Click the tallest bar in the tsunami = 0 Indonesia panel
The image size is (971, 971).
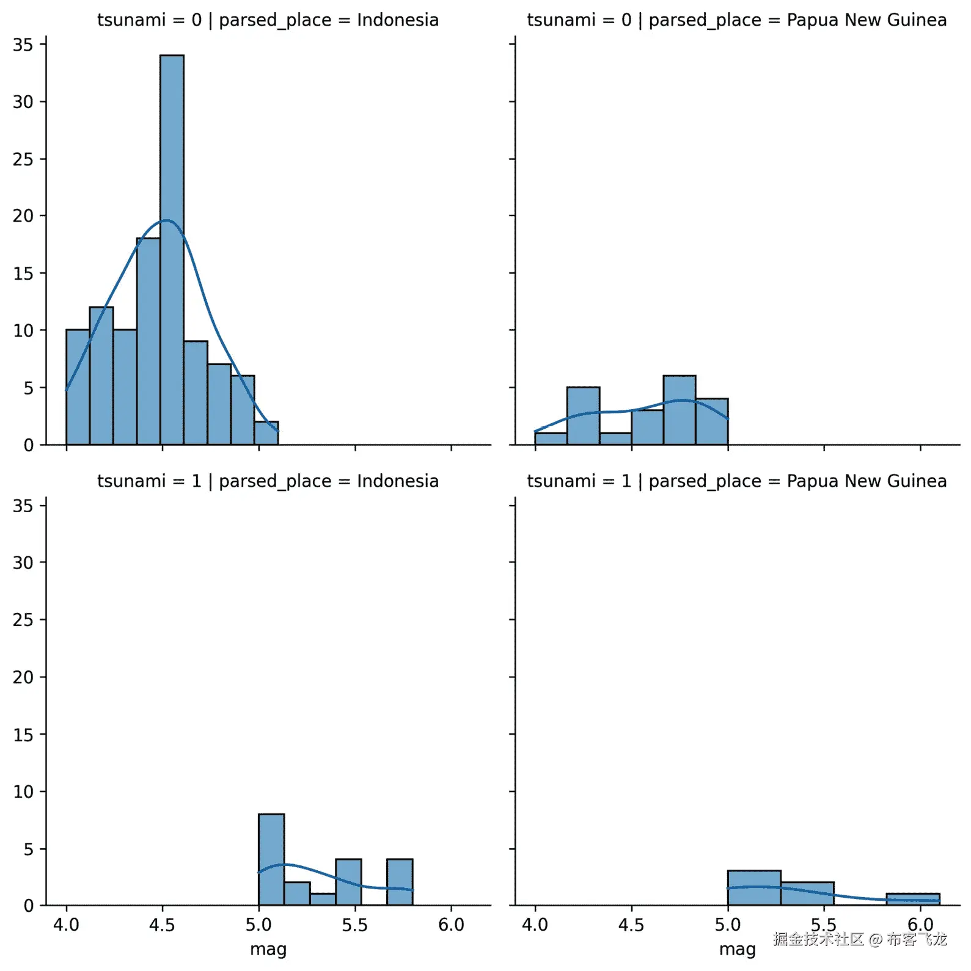(x=172, y=250)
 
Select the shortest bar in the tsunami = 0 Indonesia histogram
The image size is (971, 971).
(x=266, y=433)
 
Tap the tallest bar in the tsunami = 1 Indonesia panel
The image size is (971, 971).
(x=271, y=859)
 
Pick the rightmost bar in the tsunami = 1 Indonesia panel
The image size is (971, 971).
(x=400, y=882)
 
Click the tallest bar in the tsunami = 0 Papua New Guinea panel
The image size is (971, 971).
(x=679, y=410)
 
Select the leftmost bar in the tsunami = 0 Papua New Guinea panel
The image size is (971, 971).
(x=551, y=438)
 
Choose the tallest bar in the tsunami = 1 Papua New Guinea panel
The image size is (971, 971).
(x=753, y=887)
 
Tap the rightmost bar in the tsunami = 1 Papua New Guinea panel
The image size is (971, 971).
(x=912, y=899)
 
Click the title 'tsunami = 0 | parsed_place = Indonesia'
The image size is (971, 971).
(x=268, y=20)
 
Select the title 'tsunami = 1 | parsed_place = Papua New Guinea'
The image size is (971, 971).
(x=736, y=481)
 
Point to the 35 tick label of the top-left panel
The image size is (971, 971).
(x=23, y=45)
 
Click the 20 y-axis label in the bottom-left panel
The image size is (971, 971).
(x=23, y=677)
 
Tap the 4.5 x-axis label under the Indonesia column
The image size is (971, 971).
(x=162, y=925)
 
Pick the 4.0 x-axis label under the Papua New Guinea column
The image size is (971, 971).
(x=535, y=925)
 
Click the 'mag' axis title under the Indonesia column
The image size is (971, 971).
(x=268, y=950)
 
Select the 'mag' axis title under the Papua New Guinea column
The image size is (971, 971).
(x=737, y=950)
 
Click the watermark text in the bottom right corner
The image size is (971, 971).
(x=859, y=939)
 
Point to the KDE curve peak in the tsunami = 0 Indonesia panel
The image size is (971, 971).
(x=166, y=220)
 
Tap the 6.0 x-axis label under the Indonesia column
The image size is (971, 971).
(x=451, y=925)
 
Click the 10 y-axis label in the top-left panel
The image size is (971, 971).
(x=23, y=331)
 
